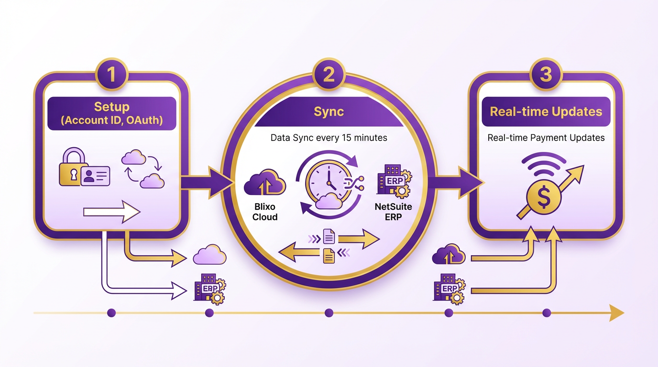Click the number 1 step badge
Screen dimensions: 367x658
tap(111, 75)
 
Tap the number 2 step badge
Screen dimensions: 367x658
tap(329, 75)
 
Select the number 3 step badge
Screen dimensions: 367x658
tap(546, 75)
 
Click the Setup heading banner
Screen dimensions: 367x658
tap(112, 113)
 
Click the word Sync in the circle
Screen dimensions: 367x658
tap(329, 112)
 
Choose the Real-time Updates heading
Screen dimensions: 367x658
tap(546, 112)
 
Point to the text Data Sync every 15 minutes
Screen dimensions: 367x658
tap(329, 138)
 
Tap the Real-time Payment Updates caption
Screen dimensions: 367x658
tap(546, 138)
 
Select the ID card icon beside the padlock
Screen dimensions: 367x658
tap(95, 175)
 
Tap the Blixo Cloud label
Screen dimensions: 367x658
tap(265, 212)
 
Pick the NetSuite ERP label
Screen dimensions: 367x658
tap(394, 212)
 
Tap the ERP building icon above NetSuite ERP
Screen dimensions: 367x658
tap(394, 181)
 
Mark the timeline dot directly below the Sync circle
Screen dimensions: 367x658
tap(329, 313)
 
